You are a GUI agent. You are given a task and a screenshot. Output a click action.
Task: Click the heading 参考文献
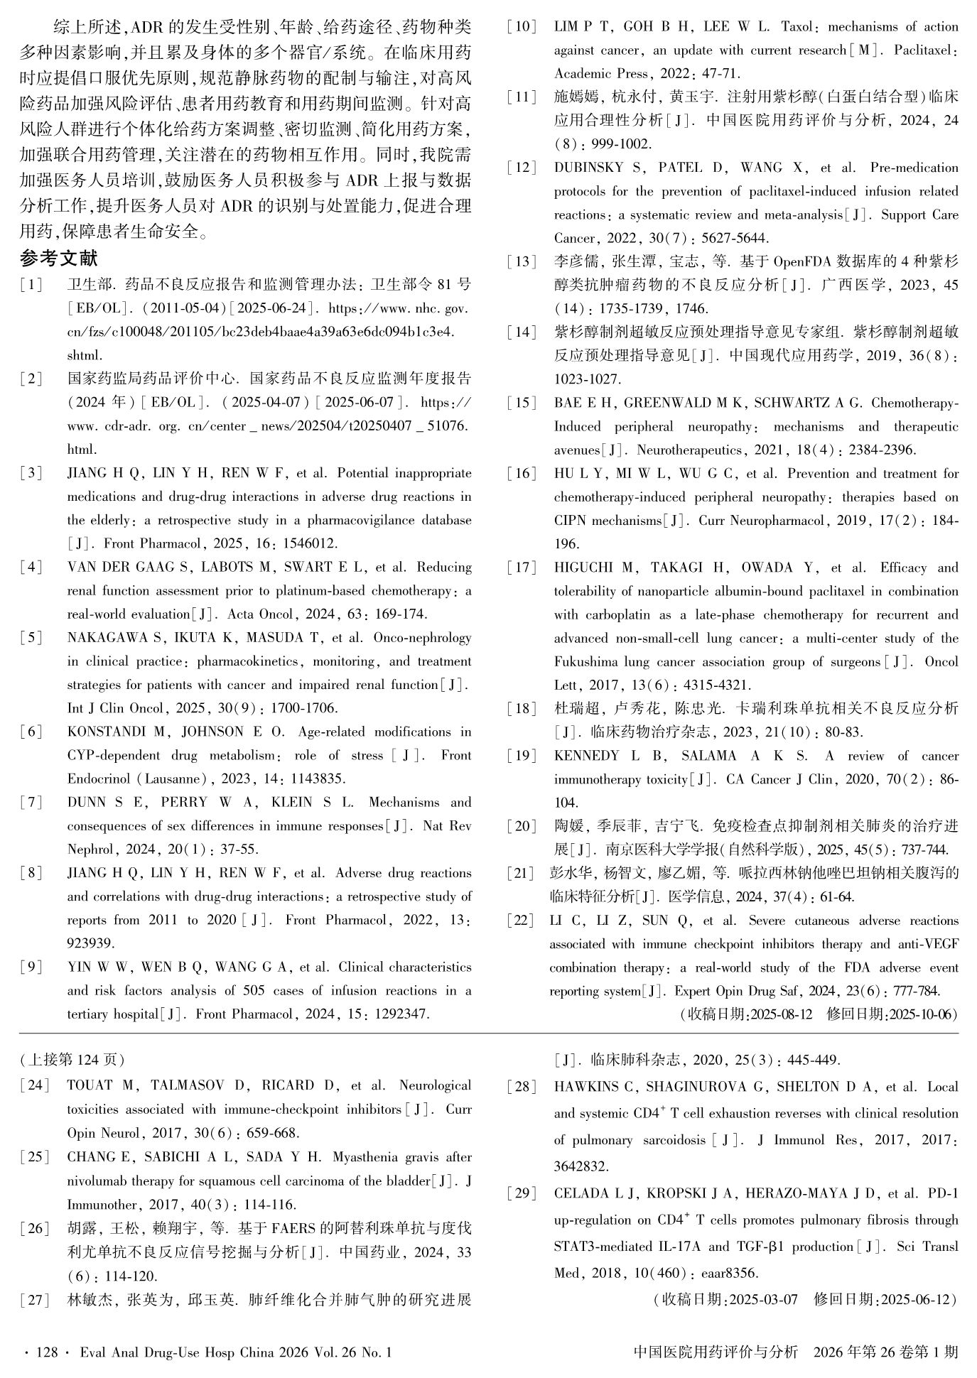[59, 259]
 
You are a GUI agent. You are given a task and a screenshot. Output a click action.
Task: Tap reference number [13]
[522, 262]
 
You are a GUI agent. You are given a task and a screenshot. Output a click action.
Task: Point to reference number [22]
[522, 921]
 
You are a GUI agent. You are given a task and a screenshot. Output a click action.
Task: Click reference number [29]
[522, 1193]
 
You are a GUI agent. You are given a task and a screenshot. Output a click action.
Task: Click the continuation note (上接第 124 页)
[72, 1060]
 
